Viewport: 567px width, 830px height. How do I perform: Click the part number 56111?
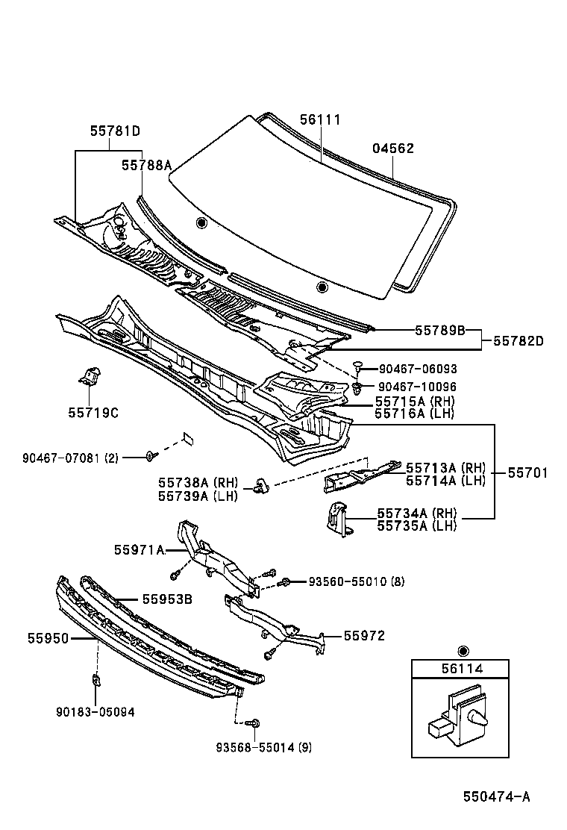[x=320, y=120]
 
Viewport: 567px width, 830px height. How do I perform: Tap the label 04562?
[x=393, y=149]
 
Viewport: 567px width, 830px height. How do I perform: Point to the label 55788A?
[x=146, y=166]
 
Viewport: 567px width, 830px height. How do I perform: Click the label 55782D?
[x=518, y=341]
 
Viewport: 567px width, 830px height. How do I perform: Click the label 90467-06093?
[x=418, y=369]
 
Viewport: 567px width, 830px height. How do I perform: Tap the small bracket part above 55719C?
[x=90, y=375]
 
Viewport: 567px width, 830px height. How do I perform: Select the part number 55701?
[x=527, y=472]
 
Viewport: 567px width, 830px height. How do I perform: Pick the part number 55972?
[x=364, y=636]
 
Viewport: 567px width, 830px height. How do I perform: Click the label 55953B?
[x=157, y=599]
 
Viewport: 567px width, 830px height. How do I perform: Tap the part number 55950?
[x=48, y=639]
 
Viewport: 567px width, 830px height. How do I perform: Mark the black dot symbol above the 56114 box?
[x=463, y=649]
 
